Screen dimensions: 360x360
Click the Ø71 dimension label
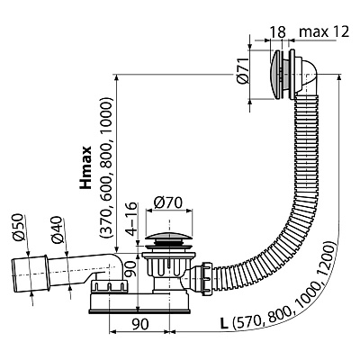pos(243,70)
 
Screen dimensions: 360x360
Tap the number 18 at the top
pos(277,31)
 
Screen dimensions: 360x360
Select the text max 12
pos(324,31)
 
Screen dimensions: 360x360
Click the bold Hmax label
pos(85,167)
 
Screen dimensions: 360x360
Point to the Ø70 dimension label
pos(168,203)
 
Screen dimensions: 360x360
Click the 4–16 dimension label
pos(131,219)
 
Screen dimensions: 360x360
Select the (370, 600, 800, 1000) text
pos(106,167)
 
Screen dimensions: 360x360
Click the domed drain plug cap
pos(169,239)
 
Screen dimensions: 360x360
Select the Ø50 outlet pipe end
pos(30,273)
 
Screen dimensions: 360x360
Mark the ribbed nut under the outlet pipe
pos(110,285)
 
